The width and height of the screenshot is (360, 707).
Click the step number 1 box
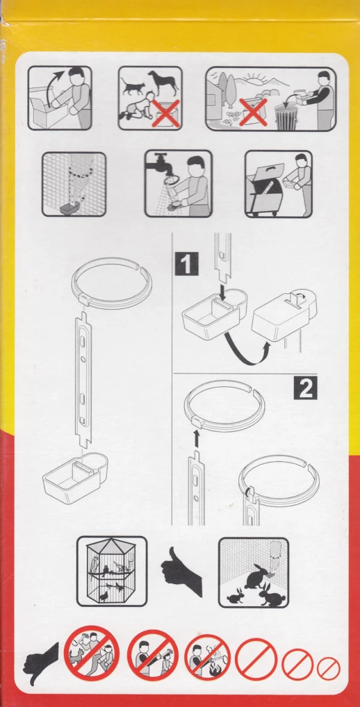186,264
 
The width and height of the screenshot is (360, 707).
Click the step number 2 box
305,388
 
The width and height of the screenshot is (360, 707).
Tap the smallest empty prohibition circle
329,669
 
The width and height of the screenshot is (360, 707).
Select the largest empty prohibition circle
256,659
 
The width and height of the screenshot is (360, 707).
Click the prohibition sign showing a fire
208,657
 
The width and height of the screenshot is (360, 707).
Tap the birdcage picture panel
112,571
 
